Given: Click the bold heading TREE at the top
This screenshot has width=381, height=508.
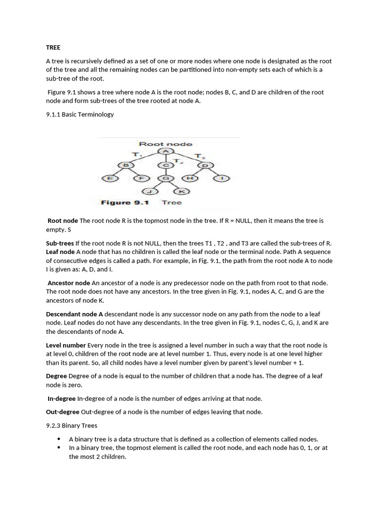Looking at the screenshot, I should click(x=53, y=48).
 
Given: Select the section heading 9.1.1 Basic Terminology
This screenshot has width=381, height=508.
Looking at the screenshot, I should click(x=80, y=114).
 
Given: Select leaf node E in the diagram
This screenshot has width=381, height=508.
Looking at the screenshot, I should click(x=110, y=178).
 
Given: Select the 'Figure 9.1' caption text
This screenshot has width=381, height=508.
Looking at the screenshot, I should click(x=125, y=202).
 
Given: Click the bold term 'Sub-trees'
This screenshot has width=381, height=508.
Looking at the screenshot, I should click(x=60, y=243).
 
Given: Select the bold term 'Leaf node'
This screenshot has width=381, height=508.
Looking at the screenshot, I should click(x=60, y=252).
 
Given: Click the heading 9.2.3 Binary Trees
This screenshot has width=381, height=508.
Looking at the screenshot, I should click(x=72, y=425).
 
